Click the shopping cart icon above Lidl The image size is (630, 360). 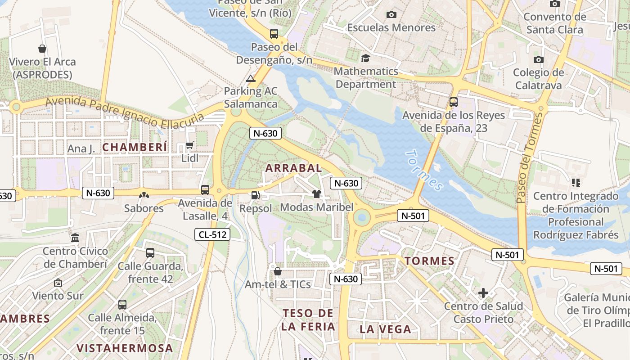click(190, 145)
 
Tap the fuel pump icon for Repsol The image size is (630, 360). click(255, 195)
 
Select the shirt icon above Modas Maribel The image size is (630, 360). click(317, 194)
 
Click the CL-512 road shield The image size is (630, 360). click(212, 234)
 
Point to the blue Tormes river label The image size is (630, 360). click(424, 171)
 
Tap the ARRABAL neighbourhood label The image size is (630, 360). click(293, 168)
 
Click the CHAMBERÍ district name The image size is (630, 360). click(135, 147)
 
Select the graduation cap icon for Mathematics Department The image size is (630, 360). click(365, 58)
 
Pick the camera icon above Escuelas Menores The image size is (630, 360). click(391, 14)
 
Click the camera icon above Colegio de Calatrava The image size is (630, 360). click(538, 59)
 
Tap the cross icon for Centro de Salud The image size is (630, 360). click(483, 293)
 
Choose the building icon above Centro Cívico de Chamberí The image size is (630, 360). click(75, 238)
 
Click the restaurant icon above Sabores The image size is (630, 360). click(144, 195)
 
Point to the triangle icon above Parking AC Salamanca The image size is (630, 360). click(251, 78)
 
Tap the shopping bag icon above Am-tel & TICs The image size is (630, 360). click(278, 271)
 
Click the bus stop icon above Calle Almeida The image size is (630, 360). click(122, 304)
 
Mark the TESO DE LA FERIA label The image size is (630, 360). click(308, 320)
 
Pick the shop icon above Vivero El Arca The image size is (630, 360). click(42, 49)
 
